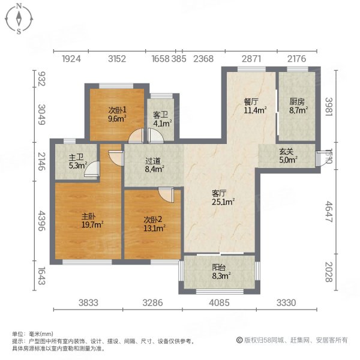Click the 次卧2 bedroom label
(x=152, y=222)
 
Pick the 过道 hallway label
(x=154, y=164)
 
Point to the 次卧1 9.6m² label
(x=117, y=114)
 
